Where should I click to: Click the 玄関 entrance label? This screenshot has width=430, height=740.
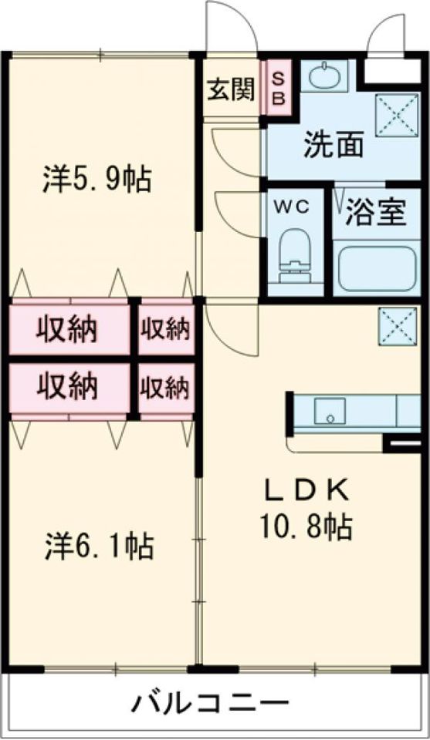[x=230, y=90]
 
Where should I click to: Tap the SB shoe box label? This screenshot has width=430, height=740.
[x=279, y=90]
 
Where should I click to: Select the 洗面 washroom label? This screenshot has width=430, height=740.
[x=333, y=145]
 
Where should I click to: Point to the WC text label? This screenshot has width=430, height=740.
[x=294, y=206]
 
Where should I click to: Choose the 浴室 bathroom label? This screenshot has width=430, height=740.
[x=375, y=213]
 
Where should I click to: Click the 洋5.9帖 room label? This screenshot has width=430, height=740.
[x=96, y=179]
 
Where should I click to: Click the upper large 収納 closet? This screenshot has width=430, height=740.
[x=69, y=330]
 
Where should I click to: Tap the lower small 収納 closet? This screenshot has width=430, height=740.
[x=165, y=387]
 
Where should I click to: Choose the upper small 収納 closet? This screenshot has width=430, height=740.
[x=165, y=329]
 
